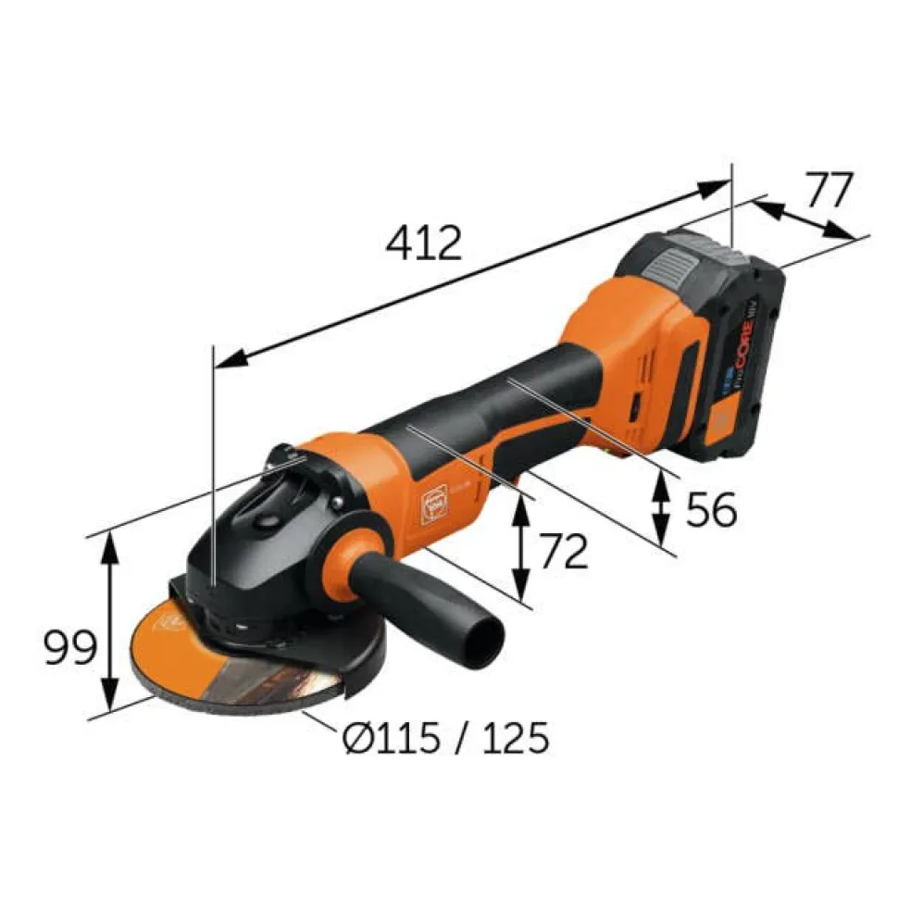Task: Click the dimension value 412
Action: pos(424,243)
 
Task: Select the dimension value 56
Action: pos(711,509)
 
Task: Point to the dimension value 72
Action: pos(563,553)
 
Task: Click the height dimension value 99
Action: pos(70,648)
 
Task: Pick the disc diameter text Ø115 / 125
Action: pos(444,738)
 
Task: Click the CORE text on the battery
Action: pos(745,357)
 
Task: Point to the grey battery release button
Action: pos(668,267)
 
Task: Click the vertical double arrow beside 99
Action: pos(109,622)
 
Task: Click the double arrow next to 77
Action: pos(802,218)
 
